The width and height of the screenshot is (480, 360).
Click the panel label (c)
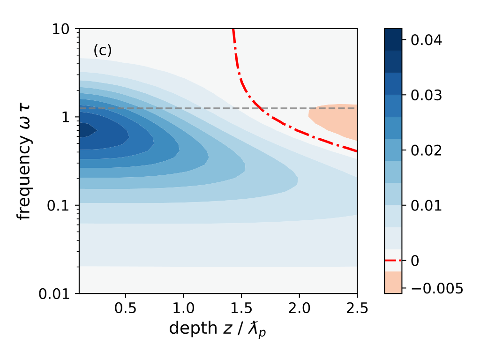(x=103, y=51)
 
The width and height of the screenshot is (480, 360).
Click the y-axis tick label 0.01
(x=57, y=293)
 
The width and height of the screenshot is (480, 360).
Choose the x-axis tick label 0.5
(x=125, y=309)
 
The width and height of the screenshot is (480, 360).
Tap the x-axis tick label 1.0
(x=183, y=309)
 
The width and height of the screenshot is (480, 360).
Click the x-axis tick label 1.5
(x=241, y=309)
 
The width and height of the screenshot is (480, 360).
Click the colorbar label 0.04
(x=427, y=40)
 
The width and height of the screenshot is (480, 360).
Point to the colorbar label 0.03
(x=427, y=95)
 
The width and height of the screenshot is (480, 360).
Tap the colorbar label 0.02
(x=427, y=150)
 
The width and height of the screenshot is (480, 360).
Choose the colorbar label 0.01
(x=427, y=205)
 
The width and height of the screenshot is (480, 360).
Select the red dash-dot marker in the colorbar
(x=393, y=260)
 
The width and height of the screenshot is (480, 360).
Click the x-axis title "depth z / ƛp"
(x=218, y=329)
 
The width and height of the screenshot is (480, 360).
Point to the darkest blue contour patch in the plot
(x=85, y=130)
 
